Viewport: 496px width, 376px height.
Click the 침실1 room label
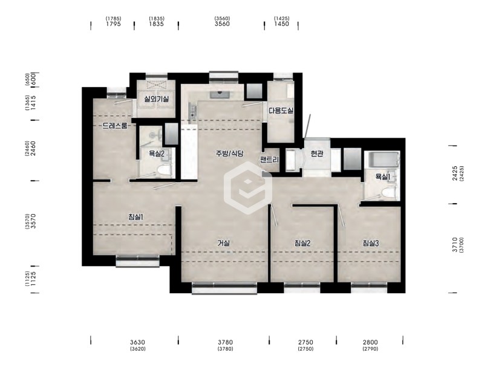[x=136, y=217]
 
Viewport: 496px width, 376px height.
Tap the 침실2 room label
[x=302, y=243]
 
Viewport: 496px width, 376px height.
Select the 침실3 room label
[x=371, y=243]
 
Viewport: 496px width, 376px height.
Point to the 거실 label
[x=223, y=243]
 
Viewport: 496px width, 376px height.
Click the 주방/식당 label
[x=230, y=154]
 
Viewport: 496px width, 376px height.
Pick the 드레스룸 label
[x=115, y=126]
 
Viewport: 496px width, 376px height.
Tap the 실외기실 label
[x=157, y=99]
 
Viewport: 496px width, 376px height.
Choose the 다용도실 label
[x=281, y=111]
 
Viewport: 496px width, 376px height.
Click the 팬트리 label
[x=270, y=160]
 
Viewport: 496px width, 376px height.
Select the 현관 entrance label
[x=317, y=154]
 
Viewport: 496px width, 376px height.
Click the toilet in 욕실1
[x=388, y=193]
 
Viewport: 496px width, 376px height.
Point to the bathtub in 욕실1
[x=382, y=160]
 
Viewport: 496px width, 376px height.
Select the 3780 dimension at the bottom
[x=225, y=342]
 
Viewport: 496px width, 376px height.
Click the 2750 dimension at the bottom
[x=305, y=342]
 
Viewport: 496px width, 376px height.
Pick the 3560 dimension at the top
[x=222, y=24]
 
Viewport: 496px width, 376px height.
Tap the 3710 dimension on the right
[x=454, y=244]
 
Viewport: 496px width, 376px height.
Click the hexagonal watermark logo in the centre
[x=248, y=188]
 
